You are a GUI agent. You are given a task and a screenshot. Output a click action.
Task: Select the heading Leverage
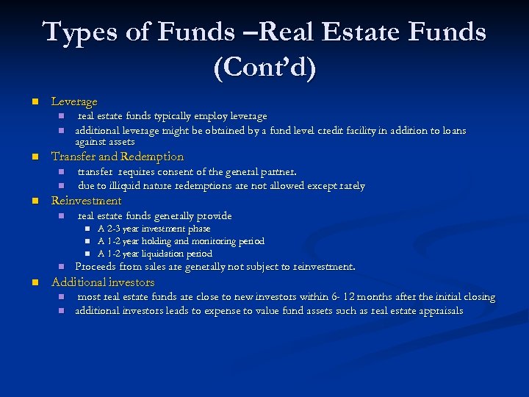[x=73, y=101]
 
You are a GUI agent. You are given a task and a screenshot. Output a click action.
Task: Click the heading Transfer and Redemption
[x=117, y=157]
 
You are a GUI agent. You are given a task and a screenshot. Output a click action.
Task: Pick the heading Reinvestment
[x=86, y=201]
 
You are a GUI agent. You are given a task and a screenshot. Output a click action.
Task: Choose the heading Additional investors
[x=102, y=282]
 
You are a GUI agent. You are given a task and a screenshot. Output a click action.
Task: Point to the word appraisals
[x=440, y=311]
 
